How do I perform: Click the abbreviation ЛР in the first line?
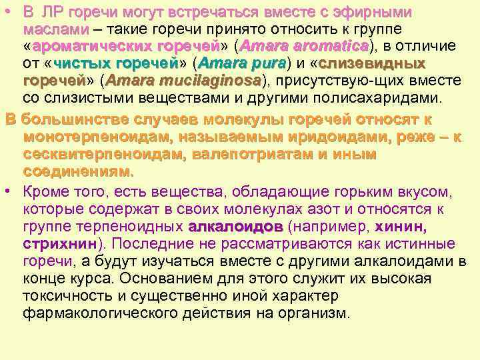pos(52,13)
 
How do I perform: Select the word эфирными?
pos(375,13)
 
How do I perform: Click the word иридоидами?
pos(311,137)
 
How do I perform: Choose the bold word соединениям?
pos(78,171)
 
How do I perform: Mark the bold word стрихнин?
pos(60,243)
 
